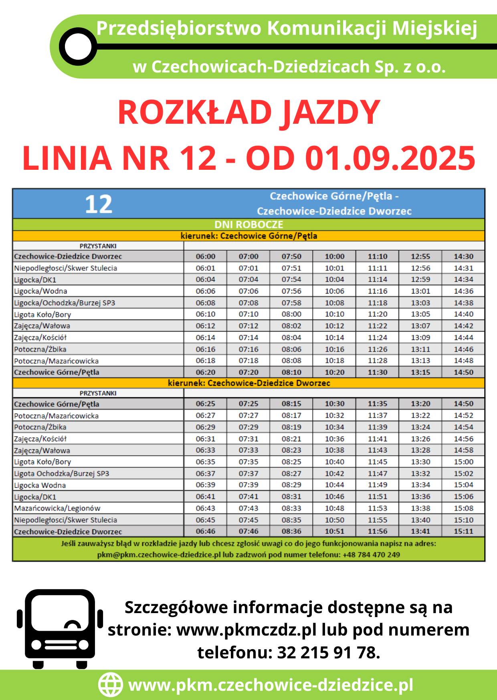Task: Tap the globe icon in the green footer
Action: pyautogui.click(x=110, y=685)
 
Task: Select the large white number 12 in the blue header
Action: pyautogui.click(x=99, y=204)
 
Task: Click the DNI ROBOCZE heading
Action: pyautogui.click(x=248, y=225)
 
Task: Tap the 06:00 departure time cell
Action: pyautogui.click(x=205, y=256)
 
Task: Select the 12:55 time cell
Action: pyautogui.click(x=420, y=256)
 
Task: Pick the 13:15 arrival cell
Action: pyautogui.click(x=420, y=372)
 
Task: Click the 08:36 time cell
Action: pyautogui.click(x=291, y=531)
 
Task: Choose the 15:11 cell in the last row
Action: pyautogui.click(x=463, y=531)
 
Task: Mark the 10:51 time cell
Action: pyautogui.click(x=334, y=531)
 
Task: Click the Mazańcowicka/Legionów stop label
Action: pyautogui.click(x=57, y=508)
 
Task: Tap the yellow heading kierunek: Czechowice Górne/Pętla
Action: pyautogui.click(x=248, y=236)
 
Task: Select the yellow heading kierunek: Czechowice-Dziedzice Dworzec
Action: pyautogui.click(x=248, y=383)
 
